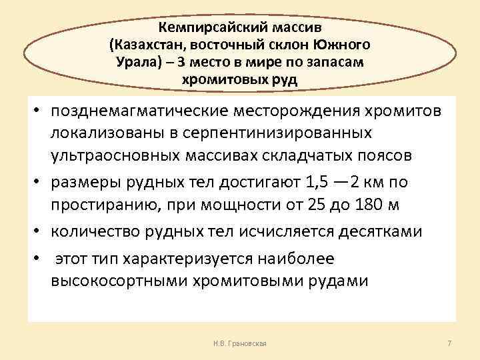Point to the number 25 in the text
(x=317, y=205)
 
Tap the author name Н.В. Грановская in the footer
(x=237, y=343)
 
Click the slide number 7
(x=449, y=343)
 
